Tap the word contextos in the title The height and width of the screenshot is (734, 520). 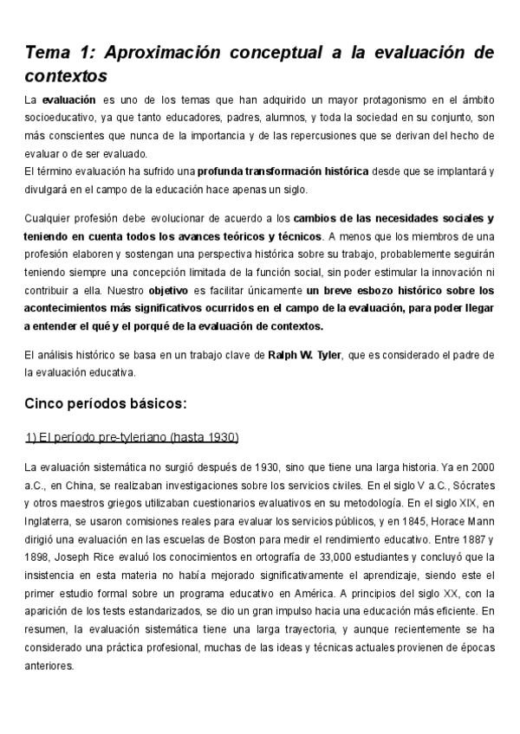pyautogui.click(x=66, y=75)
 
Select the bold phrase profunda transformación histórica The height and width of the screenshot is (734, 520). pyautogui.click(x=270, y=171)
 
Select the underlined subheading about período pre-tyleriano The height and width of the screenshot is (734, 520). pyautogui.click(x=132, y=436)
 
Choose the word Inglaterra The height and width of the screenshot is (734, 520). pyautogui.click(x=48, y=519)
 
